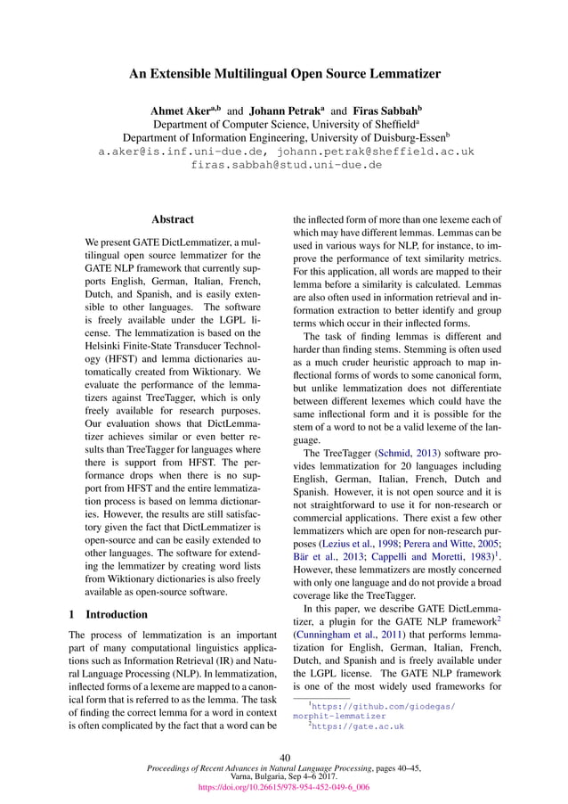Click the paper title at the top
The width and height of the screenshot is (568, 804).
[x=285, y=76]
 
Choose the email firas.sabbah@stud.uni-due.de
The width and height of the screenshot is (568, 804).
[x=286, y=165]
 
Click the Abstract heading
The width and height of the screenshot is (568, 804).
[x=173, y=218]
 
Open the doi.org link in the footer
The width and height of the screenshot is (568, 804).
[x=285, y=787]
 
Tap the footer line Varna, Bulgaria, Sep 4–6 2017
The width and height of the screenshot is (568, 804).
[x=285, y=776]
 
